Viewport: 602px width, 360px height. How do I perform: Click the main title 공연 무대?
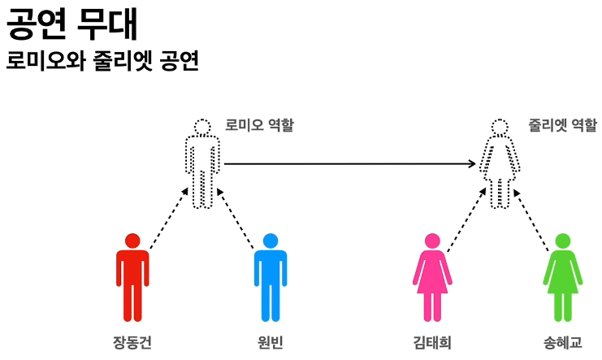click(71, 24)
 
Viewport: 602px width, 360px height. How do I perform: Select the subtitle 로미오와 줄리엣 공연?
click(102, 62)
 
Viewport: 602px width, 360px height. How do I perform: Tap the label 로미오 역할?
click(260, 126)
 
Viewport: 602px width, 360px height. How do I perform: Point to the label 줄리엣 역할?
click(561, 126)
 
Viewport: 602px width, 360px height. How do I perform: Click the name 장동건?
click(132, 342)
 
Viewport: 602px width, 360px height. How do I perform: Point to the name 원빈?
click(270, 342)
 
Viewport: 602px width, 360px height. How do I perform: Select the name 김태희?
click(432, 342)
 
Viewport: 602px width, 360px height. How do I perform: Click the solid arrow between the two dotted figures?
click(349, 164)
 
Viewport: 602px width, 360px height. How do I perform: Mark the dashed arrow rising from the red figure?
click(168, 216)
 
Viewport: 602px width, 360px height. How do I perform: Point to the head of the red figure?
click(132, 241)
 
